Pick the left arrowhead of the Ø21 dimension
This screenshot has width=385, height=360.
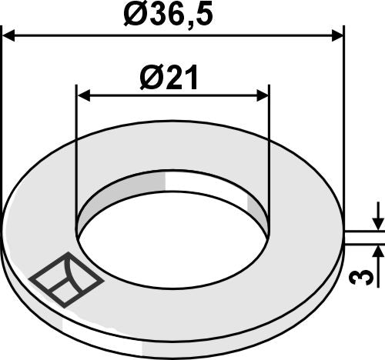83,95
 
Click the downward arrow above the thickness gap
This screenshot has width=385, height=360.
377,221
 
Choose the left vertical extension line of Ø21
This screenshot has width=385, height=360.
75,154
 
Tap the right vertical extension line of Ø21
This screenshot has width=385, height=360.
269,154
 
